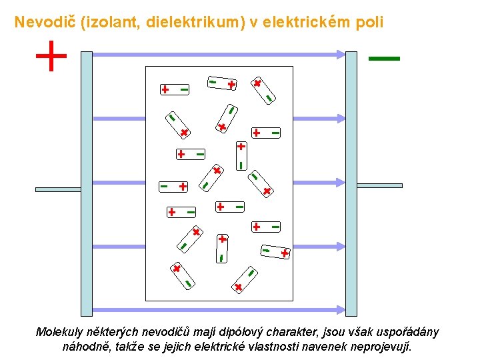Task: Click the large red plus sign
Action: coord(51,56)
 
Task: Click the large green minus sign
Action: coord(384,59)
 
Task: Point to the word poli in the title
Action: coord(370,22)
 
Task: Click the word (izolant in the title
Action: coord(107,22)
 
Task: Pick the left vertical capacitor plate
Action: coord(87,183)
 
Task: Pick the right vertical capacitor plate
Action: coord(351,183)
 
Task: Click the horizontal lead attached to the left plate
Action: coord(58,189)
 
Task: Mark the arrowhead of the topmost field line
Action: coord(341,54)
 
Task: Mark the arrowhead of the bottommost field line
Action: coord(341,309)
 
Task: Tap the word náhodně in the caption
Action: coord(85,347)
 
